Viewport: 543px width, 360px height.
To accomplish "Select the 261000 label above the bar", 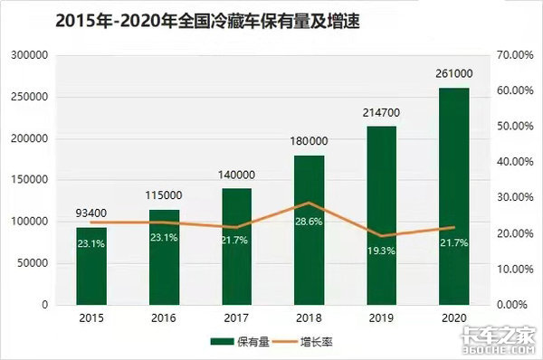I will tap(453, 76).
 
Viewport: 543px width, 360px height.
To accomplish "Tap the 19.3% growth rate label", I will tap(381, 248).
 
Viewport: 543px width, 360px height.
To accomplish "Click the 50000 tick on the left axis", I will tap(32, 263).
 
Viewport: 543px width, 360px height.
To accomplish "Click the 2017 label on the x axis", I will tap(236, 319).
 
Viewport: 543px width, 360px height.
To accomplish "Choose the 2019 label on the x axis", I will tap(381, 319).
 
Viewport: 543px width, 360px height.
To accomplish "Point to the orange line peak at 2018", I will tap(310, 203).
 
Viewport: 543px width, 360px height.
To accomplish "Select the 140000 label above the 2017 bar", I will tap(236, 176).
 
